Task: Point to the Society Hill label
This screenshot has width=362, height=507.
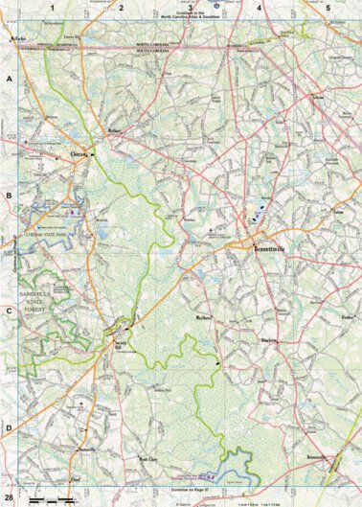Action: tap(120, 343)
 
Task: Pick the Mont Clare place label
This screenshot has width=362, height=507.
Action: tap(146, 432)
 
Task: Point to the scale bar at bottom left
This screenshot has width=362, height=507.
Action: tap(53, 500)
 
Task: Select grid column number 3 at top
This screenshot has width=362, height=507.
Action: tap(191, 7)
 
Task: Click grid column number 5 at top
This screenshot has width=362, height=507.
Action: tap(328, 7)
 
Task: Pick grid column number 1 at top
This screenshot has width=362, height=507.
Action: tap(53, 7)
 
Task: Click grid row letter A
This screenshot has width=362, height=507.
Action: tap(8, 81)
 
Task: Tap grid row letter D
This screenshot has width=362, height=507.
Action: tap(8, 428)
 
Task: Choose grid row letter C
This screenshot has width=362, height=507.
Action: tap(8, 311)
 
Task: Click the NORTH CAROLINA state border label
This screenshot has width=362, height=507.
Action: tap(156, 45)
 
